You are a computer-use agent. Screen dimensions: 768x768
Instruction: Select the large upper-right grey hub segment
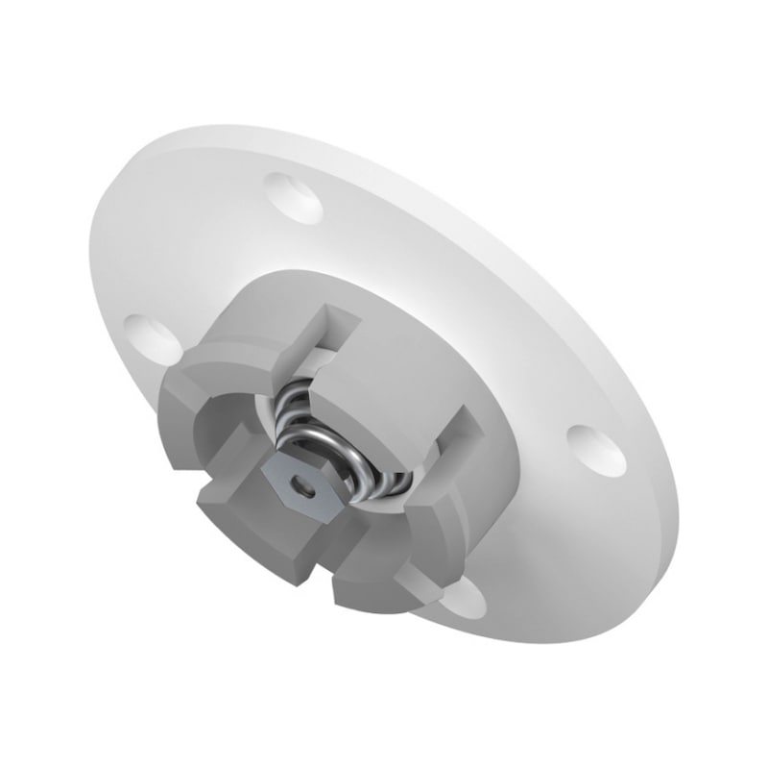point(413,336)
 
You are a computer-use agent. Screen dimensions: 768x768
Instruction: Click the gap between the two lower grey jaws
point(322,567)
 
